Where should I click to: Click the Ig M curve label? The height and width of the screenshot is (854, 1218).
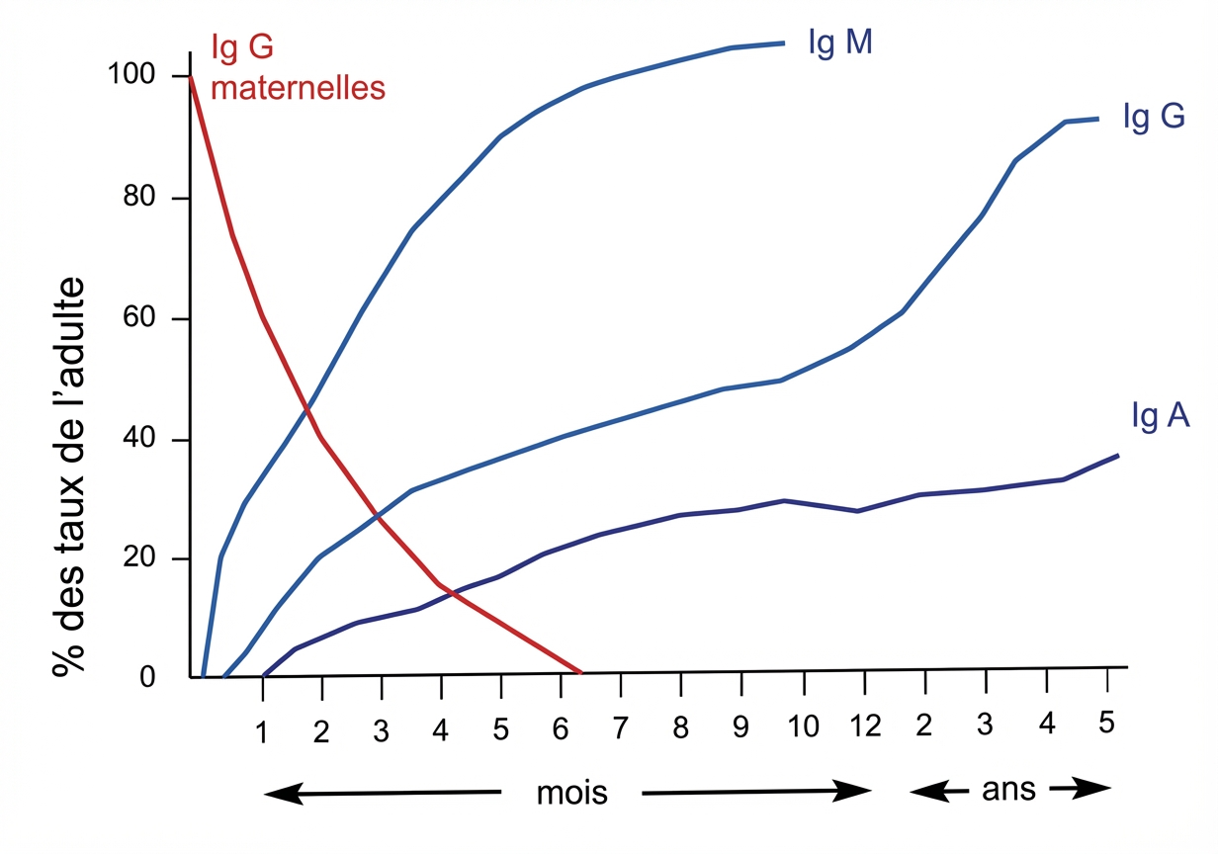point(839,44)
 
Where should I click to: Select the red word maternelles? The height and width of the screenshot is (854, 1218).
point(298,88)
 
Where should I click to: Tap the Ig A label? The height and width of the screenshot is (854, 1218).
point(1160,416)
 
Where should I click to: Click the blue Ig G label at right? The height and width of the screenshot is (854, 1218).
point(1153,117)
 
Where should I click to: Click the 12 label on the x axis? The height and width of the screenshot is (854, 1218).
point(864,728)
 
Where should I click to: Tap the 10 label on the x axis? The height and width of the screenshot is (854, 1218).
point(804,728)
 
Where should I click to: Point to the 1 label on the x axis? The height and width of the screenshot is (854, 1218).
point(262,732)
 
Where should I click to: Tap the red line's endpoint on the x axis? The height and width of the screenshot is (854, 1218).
point(581,672)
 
